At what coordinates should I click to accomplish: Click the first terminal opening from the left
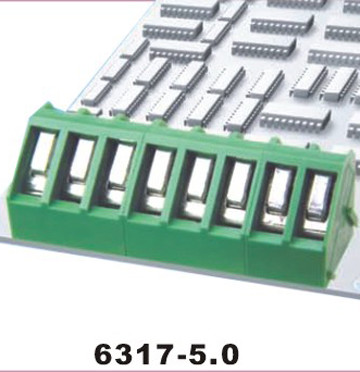click(39, 162)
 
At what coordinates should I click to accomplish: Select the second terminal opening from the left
click(77, 168)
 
